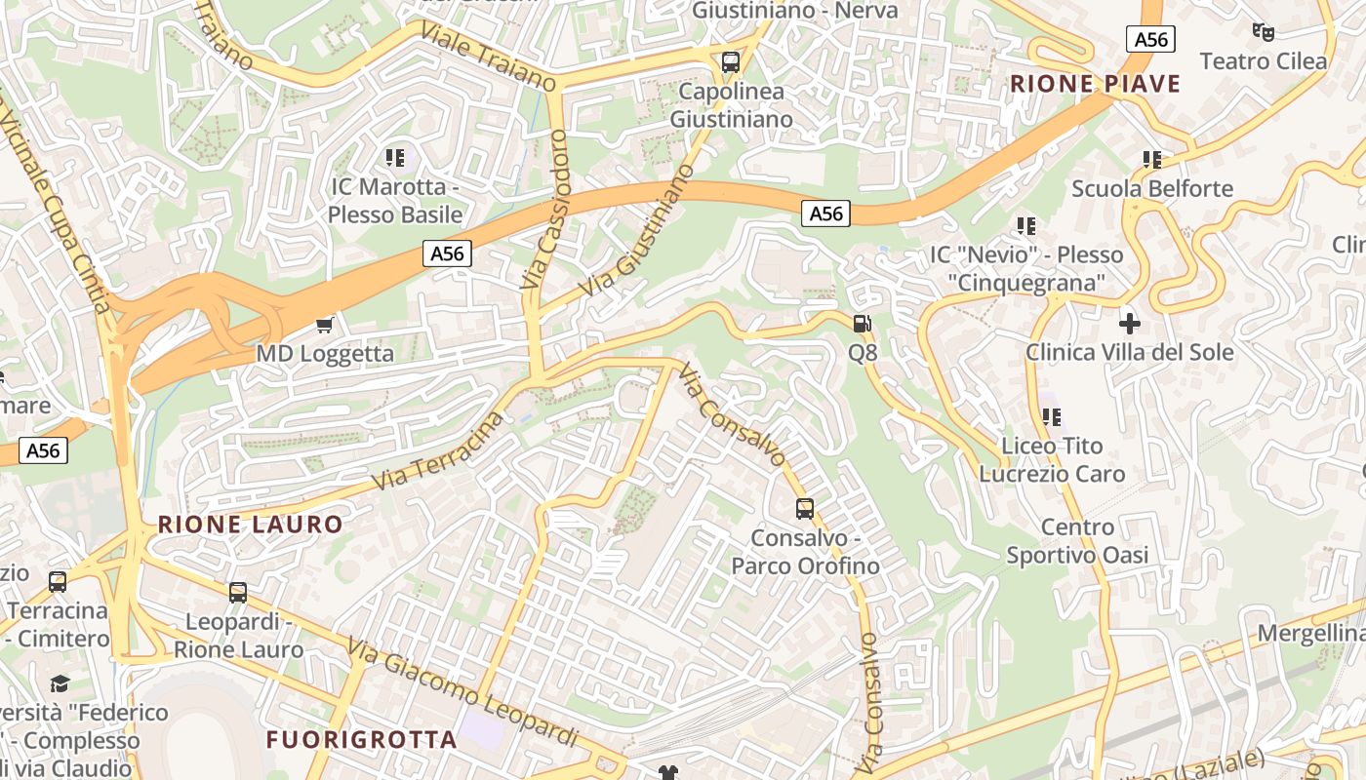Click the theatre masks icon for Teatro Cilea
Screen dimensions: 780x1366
pyautogui.click(x=1264, y=32)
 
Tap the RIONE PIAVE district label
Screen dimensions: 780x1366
pyautogui.click(x=1095, y=84)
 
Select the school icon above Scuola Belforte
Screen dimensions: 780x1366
pyautogui.click(x=1152, y=159)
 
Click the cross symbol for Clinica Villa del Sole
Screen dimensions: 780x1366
pyautogui.click(x=1130, y=323)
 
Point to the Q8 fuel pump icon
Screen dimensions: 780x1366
pyautogui.click(x=863, y=324)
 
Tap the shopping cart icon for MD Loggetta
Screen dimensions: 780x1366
pyautogui.click(x=325, y=325)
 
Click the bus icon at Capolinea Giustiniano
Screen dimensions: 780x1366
pyautogui.click(x=731, y=62)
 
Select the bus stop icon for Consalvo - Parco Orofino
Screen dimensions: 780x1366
pyautogui.click(x=805, y=508)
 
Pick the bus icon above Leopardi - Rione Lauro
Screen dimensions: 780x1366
pyautogui.click(x=238, y=592)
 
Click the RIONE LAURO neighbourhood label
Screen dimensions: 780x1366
pyautogui.click(x=251, y=525)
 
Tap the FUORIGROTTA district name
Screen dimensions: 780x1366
pyautogui.click(x=361, y=739)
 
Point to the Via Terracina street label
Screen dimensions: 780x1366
pyautogui.click(x=438, y=452)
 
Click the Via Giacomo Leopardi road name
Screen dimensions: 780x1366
pyautogui.click(x=462, y=689)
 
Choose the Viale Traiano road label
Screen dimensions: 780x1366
pyautogui.click(x=489, y=58)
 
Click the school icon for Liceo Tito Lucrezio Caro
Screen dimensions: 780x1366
pyautogui.click(x=1052, y=417)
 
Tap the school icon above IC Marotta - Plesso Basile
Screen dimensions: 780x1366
pyautogui.click(x=395, y=157)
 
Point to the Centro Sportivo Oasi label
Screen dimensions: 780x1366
pyautogui.click(x=1077, y=541)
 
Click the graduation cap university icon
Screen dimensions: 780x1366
pyautogui.click(x=60, y=682)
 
